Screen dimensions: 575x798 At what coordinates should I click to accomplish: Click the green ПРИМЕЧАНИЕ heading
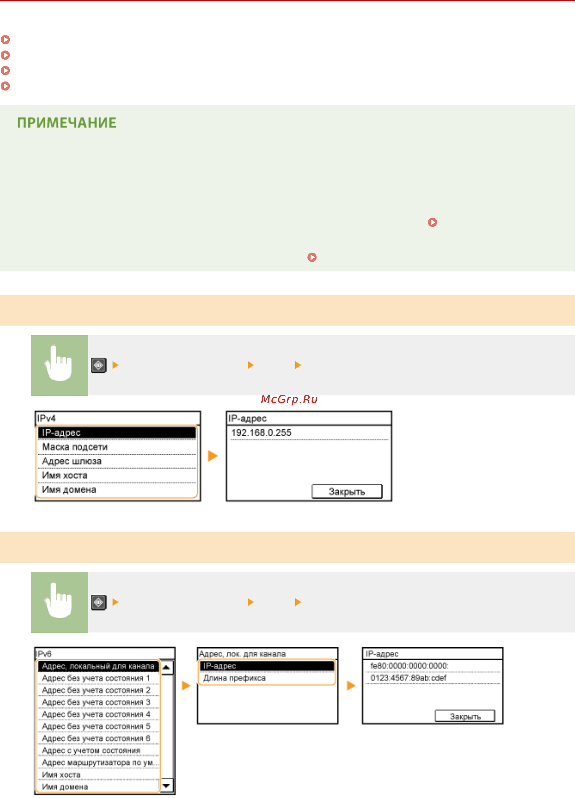pos(66,123)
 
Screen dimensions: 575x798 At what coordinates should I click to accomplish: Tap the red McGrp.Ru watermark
pos(289,399)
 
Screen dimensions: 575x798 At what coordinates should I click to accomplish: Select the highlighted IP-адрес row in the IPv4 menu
pos(117,432)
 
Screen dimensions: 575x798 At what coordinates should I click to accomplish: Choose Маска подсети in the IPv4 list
pos(75,447)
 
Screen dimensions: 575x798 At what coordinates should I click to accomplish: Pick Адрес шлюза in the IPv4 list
pos(72,461)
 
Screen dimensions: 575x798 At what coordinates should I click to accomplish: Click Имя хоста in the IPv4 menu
pos(65,475)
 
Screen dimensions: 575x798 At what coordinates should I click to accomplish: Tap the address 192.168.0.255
pos(261,432)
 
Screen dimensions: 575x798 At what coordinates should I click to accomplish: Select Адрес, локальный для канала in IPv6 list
pos(98,666)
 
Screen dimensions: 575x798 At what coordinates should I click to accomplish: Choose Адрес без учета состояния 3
pos(96,702)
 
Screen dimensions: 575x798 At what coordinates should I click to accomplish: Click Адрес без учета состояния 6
pos(96,738)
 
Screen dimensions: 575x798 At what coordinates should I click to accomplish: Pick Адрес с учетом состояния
pos(91,750)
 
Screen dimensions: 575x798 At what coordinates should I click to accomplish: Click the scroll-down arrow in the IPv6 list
pos(166,785)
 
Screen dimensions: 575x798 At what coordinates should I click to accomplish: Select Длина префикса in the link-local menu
pos(234,678)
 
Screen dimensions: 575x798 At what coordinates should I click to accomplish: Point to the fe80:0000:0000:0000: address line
pos(409,666)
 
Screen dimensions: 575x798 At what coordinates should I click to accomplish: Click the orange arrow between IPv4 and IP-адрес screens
pos(213,456)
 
